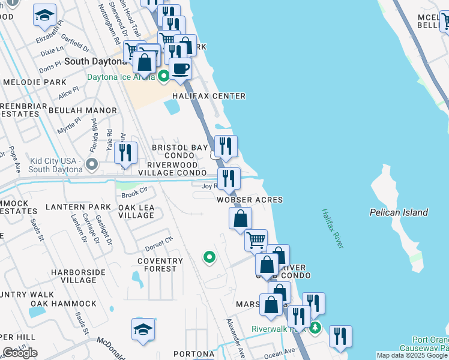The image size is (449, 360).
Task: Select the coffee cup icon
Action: tap(179, 68)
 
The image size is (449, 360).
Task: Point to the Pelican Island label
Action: tap(399, 212)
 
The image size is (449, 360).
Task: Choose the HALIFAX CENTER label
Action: tap(209, 96)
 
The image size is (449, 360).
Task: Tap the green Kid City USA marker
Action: tap(91, 163)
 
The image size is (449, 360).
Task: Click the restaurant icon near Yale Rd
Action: tap(125, 152)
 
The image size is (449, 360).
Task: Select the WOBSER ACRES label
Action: tap(250, 199)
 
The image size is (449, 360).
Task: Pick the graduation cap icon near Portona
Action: tap(143, 329)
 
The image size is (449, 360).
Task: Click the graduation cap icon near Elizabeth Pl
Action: tap(44, 15)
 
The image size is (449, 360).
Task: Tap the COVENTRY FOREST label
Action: tap(160, 265)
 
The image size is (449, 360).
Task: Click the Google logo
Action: tap(20, 353)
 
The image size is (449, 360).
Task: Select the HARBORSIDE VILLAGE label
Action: tap(74, 276)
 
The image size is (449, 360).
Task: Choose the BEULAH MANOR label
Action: tap(83, 110)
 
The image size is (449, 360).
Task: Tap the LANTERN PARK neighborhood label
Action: tap(78, 207)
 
